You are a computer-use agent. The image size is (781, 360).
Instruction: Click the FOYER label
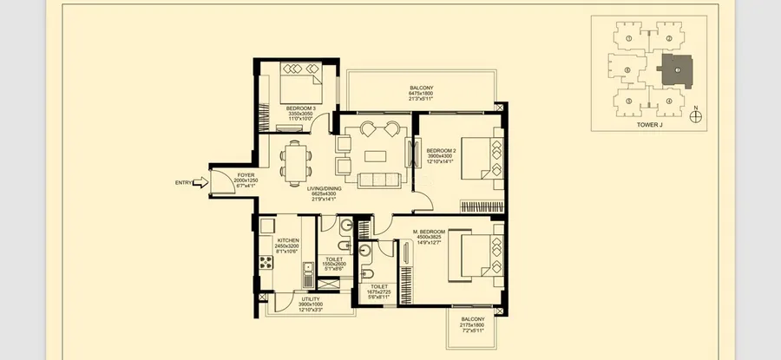click(246, 175)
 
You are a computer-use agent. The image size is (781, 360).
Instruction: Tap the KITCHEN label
click(288, 239)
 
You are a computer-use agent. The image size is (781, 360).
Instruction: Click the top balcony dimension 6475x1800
click(422, 94)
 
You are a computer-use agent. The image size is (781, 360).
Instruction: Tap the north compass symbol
click(696, 111)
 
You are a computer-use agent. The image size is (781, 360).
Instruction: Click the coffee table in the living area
click(375, 156)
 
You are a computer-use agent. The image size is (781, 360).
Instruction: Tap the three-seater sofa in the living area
click(375, 180)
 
